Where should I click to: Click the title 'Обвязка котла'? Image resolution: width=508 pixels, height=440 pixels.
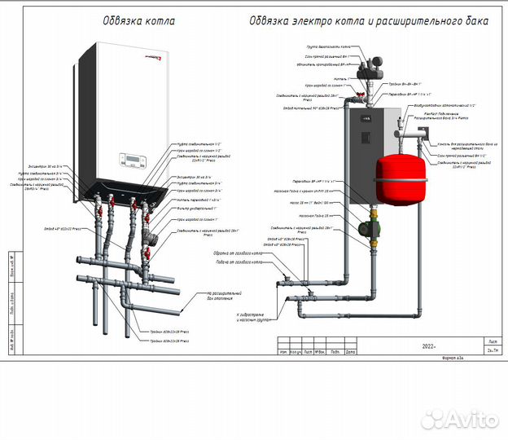(138, 20)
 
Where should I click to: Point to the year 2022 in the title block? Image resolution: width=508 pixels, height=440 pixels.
(430, 346)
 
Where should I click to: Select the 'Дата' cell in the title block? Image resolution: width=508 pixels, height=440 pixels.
(350, 352)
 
